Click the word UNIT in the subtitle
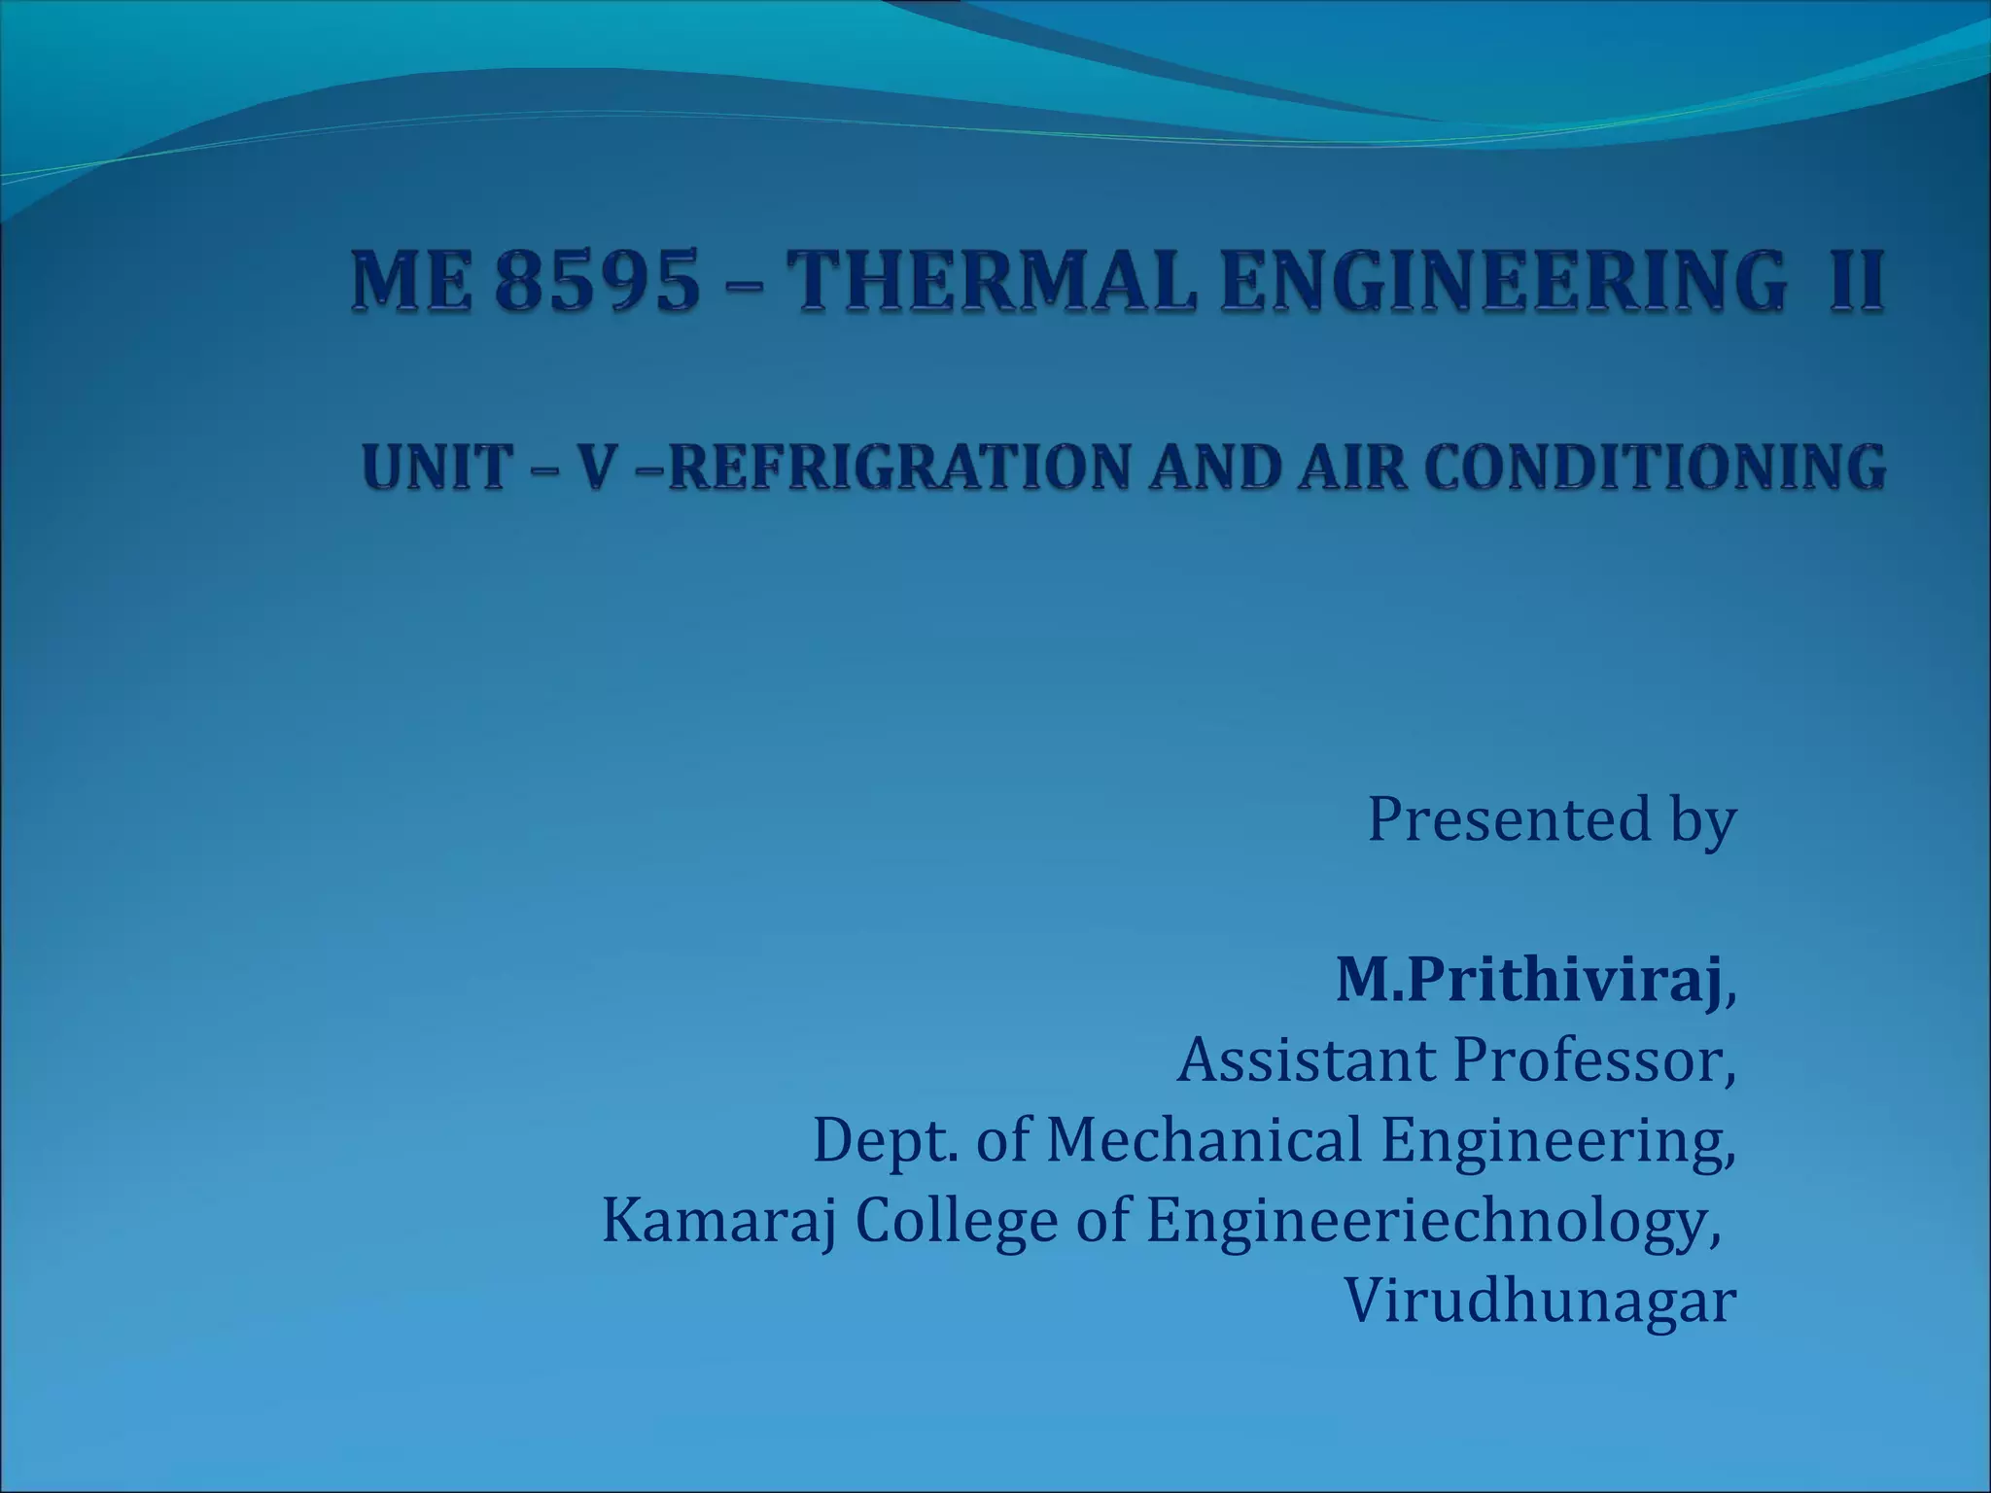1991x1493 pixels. pos(435,468)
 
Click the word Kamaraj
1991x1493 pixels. pos(719,1221)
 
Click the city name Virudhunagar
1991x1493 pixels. pos(1540,1301)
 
